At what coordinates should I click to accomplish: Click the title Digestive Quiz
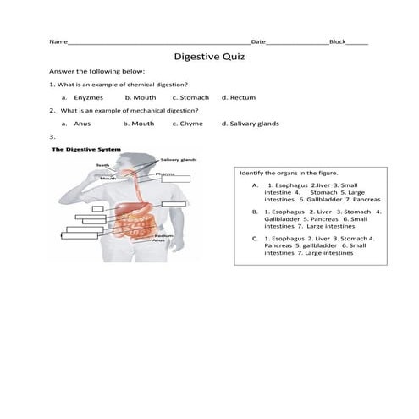pos(209,57)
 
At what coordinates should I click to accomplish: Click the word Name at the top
pos(58,41)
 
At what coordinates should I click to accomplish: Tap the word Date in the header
pos(258,41)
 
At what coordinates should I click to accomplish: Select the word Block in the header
pos(338,41)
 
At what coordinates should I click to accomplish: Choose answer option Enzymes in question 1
pos(88,97)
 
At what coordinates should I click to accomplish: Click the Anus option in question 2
pos(82,124)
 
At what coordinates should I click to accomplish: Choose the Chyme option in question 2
pos(190,124)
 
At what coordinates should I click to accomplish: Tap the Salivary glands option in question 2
pos(256,124)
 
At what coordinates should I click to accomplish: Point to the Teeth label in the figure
pos(102,165)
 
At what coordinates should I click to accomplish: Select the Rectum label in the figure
pos(163,235)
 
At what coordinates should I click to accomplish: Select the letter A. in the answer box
pos(255,185)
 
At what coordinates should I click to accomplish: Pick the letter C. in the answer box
pos(255,239)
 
